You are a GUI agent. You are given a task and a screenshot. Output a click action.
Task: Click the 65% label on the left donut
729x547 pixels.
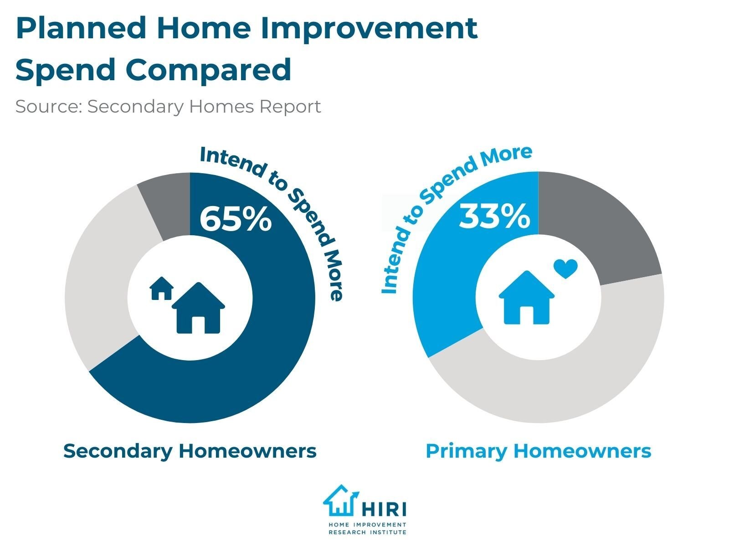click(x=236, y=219)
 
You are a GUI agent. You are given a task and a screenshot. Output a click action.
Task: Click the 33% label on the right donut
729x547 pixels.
click(x=494, y=216)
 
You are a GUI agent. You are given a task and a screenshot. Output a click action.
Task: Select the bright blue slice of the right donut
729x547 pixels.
click(x=444, y=292)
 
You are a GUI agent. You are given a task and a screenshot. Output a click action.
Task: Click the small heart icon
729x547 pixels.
click(x=565, y=269)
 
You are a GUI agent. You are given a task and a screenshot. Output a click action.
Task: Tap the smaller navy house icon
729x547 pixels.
click(x=161, y=289)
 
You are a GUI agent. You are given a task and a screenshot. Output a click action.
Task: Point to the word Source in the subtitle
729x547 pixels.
click(x=48, y=107)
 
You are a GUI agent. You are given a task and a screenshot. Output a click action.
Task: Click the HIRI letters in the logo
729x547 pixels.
click(x=384, y=509)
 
